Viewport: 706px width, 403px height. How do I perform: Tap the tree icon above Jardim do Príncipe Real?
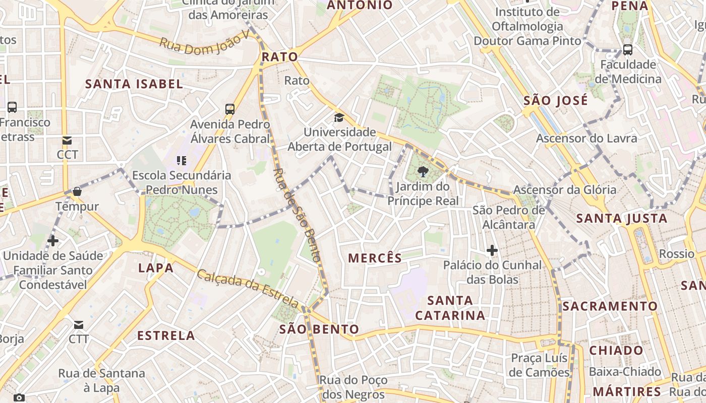423,172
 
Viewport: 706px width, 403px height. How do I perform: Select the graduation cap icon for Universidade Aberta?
339,118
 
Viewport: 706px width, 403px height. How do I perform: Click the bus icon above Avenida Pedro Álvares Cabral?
230,109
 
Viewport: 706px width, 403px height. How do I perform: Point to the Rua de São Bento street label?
297,214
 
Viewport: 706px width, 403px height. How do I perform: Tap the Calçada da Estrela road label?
248,289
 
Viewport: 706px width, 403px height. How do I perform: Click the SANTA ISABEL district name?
134,84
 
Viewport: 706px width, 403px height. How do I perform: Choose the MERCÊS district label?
375,258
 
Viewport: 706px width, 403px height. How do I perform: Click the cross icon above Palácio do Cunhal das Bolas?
492,250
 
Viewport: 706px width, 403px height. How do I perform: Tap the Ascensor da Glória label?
564,190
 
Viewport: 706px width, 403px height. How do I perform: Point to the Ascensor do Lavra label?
586,138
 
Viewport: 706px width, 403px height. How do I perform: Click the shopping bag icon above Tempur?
77,191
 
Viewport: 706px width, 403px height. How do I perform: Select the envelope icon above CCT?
67,140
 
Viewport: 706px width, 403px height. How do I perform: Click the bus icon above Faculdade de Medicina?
627,50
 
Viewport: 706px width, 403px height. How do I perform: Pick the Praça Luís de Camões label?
539,365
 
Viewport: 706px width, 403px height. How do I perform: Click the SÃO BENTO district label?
319,329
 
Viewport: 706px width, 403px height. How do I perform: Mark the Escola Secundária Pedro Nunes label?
182,182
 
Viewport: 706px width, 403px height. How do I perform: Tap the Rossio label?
676,253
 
